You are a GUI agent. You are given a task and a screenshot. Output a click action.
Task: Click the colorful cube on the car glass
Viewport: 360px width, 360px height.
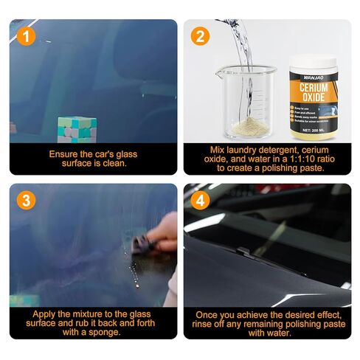click(x=77, y=130)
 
